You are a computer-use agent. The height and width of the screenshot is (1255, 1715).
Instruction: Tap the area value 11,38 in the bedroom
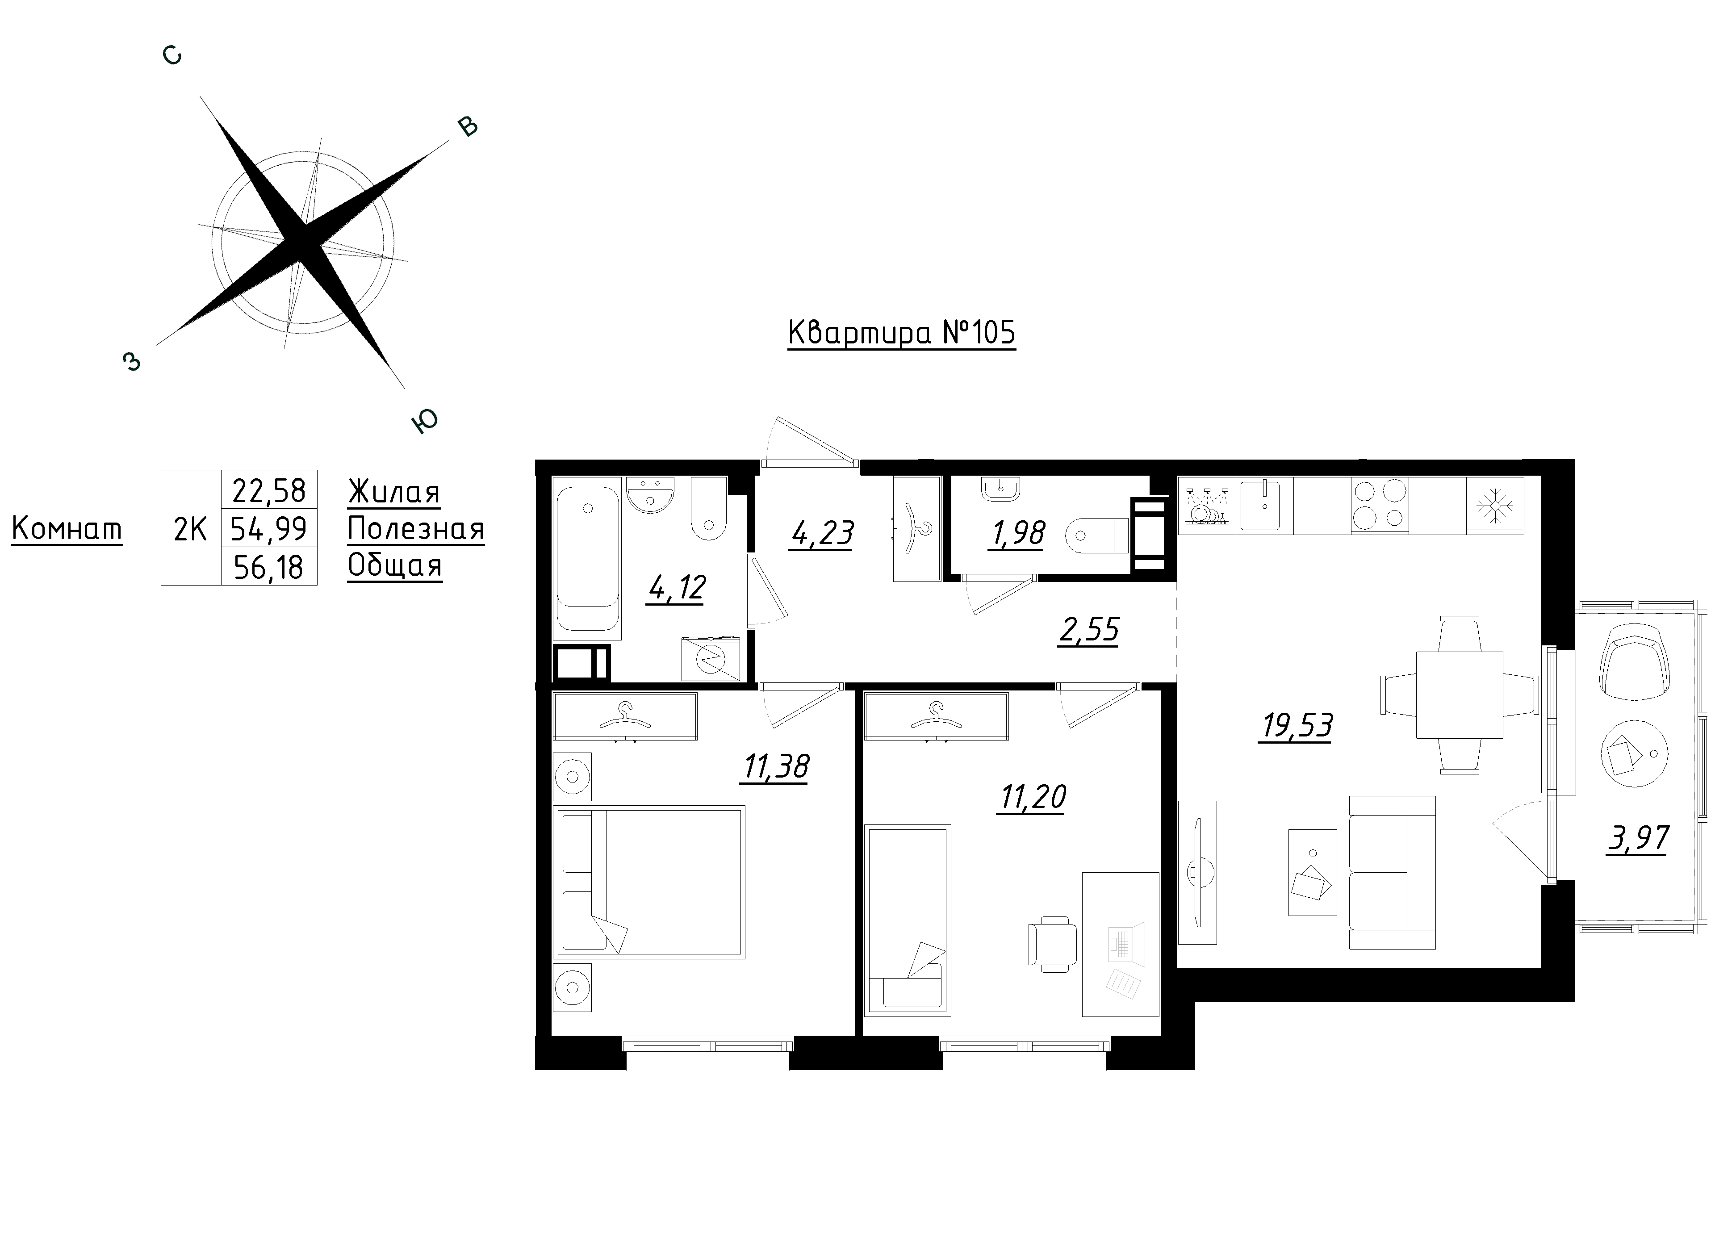click(x=775, y=767)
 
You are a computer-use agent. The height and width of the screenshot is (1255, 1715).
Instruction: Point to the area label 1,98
click(x=1017, y=533)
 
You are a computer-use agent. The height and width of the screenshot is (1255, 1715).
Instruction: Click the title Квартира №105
click(x=902, y=334)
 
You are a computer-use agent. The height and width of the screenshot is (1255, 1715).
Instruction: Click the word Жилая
click(x=394, y=492)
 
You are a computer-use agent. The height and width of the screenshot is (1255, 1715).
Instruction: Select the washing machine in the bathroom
click(x=711, y=658)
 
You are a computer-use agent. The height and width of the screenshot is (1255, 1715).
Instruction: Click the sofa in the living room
click(x=1392, y=872)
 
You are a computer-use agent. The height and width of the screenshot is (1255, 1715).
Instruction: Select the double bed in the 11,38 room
click(x=650, y=882)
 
